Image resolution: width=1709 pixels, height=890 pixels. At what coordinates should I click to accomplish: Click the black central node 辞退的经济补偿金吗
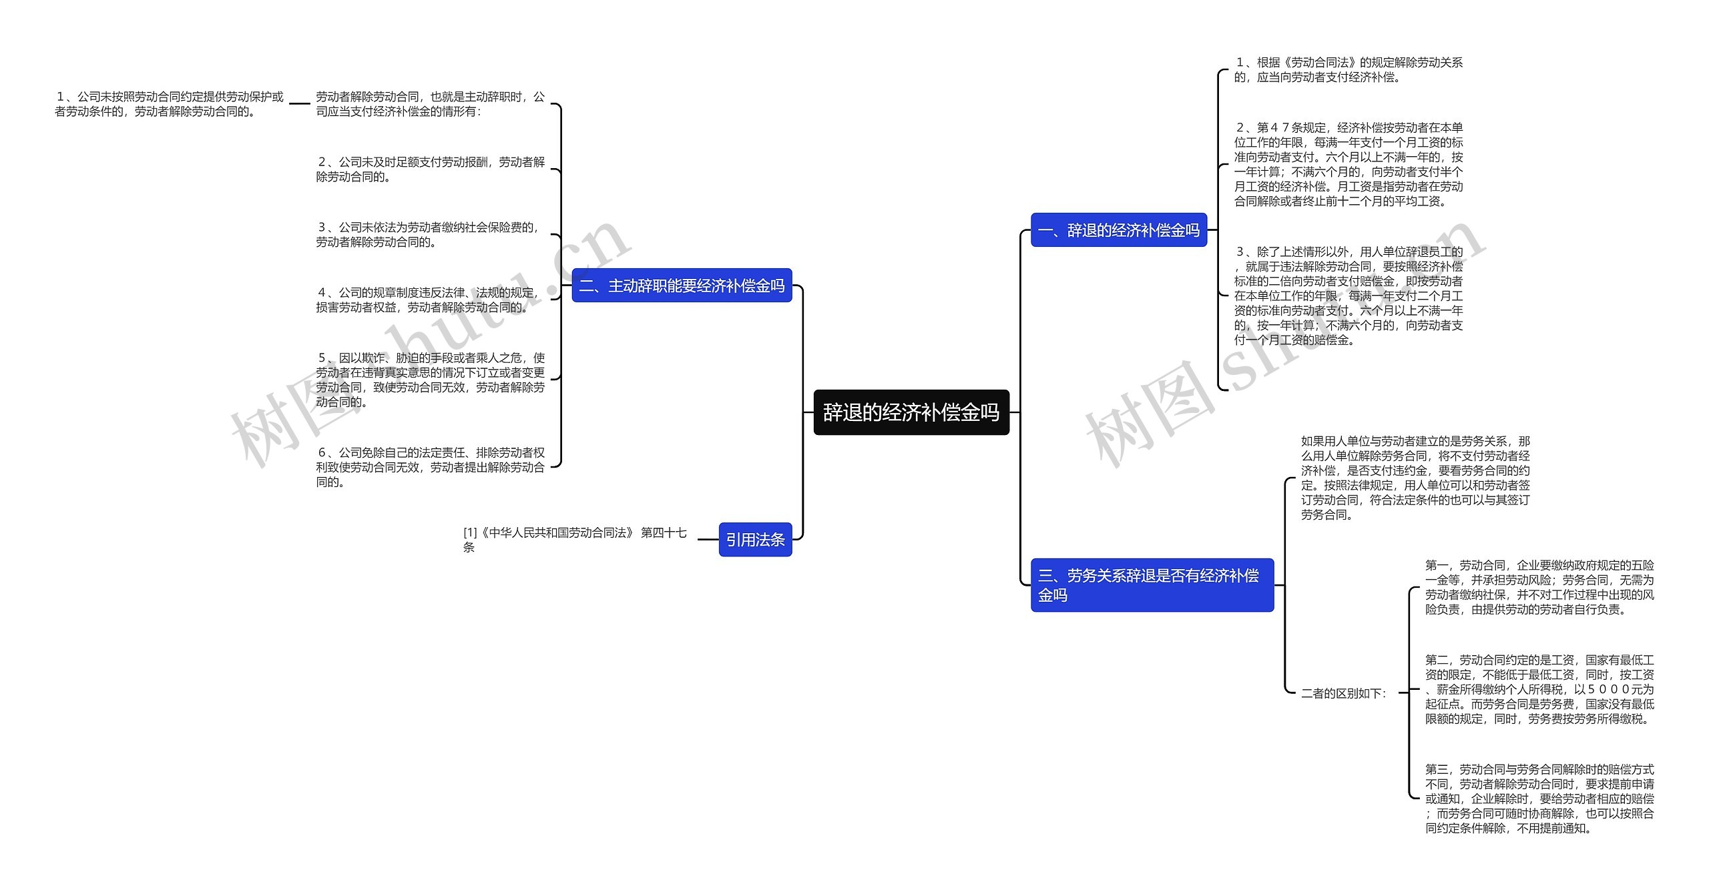coord(911,412)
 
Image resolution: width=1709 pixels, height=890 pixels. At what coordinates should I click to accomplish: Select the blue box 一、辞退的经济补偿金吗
coord(1118,230)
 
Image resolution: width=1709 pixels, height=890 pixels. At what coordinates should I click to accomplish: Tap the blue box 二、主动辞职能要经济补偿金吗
coord(681,286)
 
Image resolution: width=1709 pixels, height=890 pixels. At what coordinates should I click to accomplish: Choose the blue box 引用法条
coord(754,539)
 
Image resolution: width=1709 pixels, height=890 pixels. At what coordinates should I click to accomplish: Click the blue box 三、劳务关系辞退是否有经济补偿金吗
coord(1151,585)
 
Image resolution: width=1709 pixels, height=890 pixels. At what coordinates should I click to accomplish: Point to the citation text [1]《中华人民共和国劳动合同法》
coord(574,539)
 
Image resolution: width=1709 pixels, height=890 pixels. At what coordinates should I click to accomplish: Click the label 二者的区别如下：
coord(1343,693)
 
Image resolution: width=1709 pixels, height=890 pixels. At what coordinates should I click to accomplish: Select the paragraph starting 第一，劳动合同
coord(1539,587)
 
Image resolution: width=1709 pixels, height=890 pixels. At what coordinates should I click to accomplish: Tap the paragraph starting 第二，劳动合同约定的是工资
coord(1539,689)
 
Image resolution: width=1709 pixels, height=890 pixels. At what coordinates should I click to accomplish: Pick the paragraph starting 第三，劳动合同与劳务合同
coord(1539,799)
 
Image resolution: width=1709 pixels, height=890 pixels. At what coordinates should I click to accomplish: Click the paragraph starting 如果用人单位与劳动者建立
coord(1415,478)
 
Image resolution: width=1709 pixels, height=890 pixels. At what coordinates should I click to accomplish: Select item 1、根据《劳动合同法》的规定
coord(1347,69)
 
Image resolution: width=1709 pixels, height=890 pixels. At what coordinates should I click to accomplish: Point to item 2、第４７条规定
coord(1348,164)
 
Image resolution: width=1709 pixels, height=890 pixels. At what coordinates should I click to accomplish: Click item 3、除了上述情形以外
coord(1348,296)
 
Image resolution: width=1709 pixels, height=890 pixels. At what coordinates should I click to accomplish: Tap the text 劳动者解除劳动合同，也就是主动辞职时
coord(430,104)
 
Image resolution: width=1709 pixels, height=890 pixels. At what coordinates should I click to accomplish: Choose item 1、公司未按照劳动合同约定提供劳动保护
coord(169,104)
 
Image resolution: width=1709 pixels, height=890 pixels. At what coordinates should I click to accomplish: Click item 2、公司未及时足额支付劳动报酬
coord(430,169)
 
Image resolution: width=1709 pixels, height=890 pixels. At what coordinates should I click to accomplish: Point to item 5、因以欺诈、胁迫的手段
coord(430,380)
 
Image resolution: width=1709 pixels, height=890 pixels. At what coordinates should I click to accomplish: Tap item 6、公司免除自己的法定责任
coord(430,467)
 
